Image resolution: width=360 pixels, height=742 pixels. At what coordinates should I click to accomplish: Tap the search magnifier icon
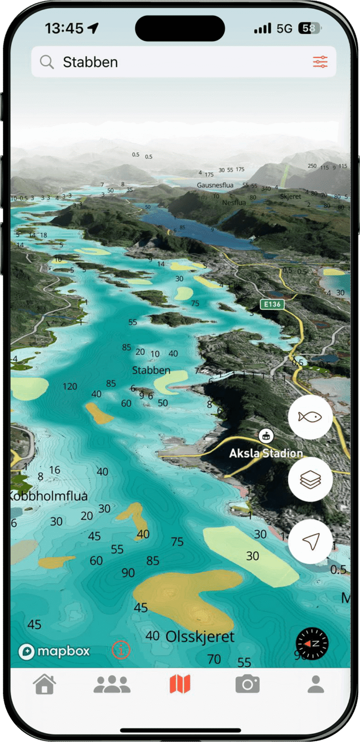tap(47, 62)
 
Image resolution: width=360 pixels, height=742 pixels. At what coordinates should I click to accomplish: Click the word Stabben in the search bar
tap(90, 62)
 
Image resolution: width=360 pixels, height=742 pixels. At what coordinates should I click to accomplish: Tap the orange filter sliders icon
tap(320, 62)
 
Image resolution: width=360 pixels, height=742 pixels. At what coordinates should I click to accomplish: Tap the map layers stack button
tap(310, 479)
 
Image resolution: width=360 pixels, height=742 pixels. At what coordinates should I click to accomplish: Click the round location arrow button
tap(310, 542)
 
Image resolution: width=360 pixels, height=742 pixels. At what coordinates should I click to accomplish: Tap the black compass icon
tap(312, 643)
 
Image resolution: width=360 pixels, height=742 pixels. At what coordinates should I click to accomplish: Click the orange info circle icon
tap(121, 650)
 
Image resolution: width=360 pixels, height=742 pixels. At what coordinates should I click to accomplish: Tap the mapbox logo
tap(54, 651)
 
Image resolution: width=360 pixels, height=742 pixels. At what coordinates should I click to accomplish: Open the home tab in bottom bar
tap(44, 684)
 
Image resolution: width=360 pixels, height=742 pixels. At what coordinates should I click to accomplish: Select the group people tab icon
tap(112, 684)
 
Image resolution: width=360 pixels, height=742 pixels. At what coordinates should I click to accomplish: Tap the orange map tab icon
tap(180, 684)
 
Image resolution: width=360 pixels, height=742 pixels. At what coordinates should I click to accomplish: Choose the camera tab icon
tap(247, 684)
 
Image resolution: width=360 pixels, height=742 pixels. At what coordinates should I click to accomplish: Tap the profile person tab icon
tap(316, 684)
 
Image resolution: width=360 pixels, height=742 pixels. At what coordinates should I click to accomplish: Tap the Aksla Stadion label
tap(266, 453)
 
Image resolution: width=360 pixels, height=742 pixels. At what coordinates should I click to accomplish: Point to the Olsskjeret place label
tap(200, 636)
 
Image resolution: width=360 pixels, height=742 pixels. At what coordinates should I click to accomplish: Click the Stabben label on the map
tap(151, 370)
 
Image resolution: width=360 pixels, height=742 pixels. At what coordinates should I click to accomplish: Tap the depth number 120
tap(70, 386)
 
